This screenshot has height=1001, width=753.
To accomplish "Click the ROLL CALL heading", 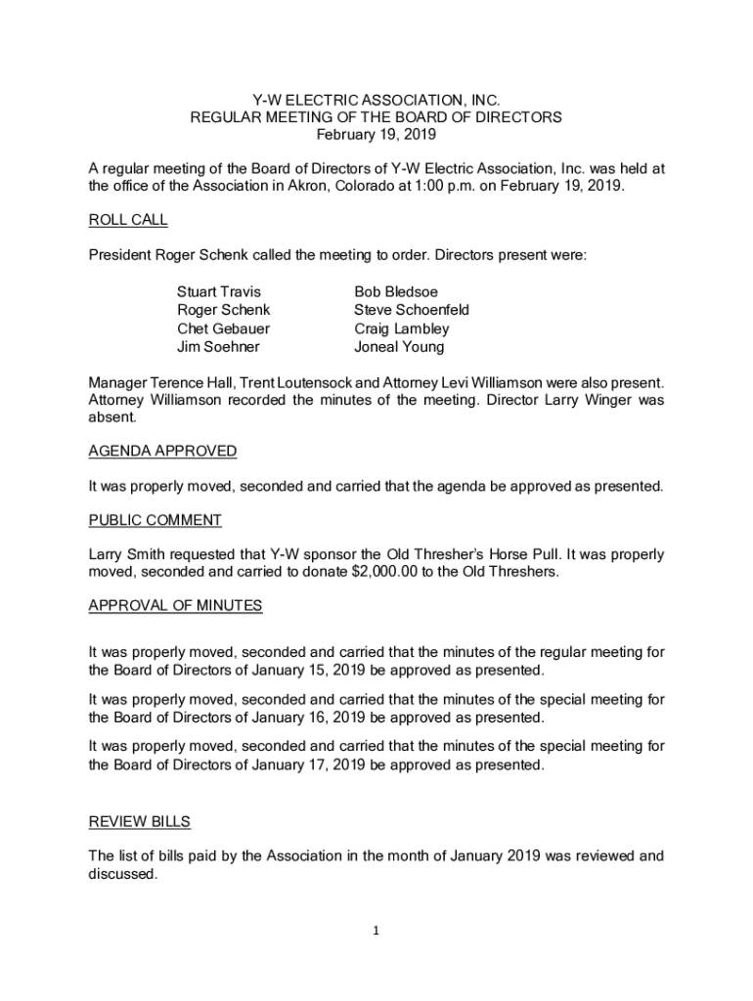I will click(128, 221).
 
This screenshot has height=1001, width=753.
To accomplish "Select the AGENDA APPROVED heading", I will click(162, 451).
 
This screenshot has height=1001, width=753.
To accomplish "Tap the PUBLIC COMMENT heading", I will click(155, 520).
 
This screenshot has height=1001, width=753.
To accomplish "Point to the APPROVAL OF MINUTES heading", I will click(175, 605).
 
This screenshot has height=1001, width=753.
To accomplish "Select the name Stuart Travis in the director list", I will click(219, 292).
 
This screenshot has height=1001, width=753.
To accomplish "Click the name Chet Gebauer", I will click(223, 328).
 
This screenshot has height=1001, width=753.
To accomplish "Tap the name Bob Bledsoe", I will click(396, 292).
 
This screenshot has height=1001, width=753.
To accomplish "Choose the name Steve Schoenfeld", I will click(412, 310).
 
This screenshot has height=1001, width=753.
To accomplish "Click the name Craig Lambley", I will click(401, 328).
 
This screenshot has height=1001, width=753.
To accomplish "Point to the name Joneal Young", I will click(399, 347).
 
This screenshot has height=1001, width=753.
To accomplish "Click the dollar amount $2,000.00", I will click(387, 572).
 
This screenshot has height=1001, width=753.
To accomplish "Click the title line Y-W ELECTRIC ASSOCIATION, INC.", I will click(376, 100).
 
